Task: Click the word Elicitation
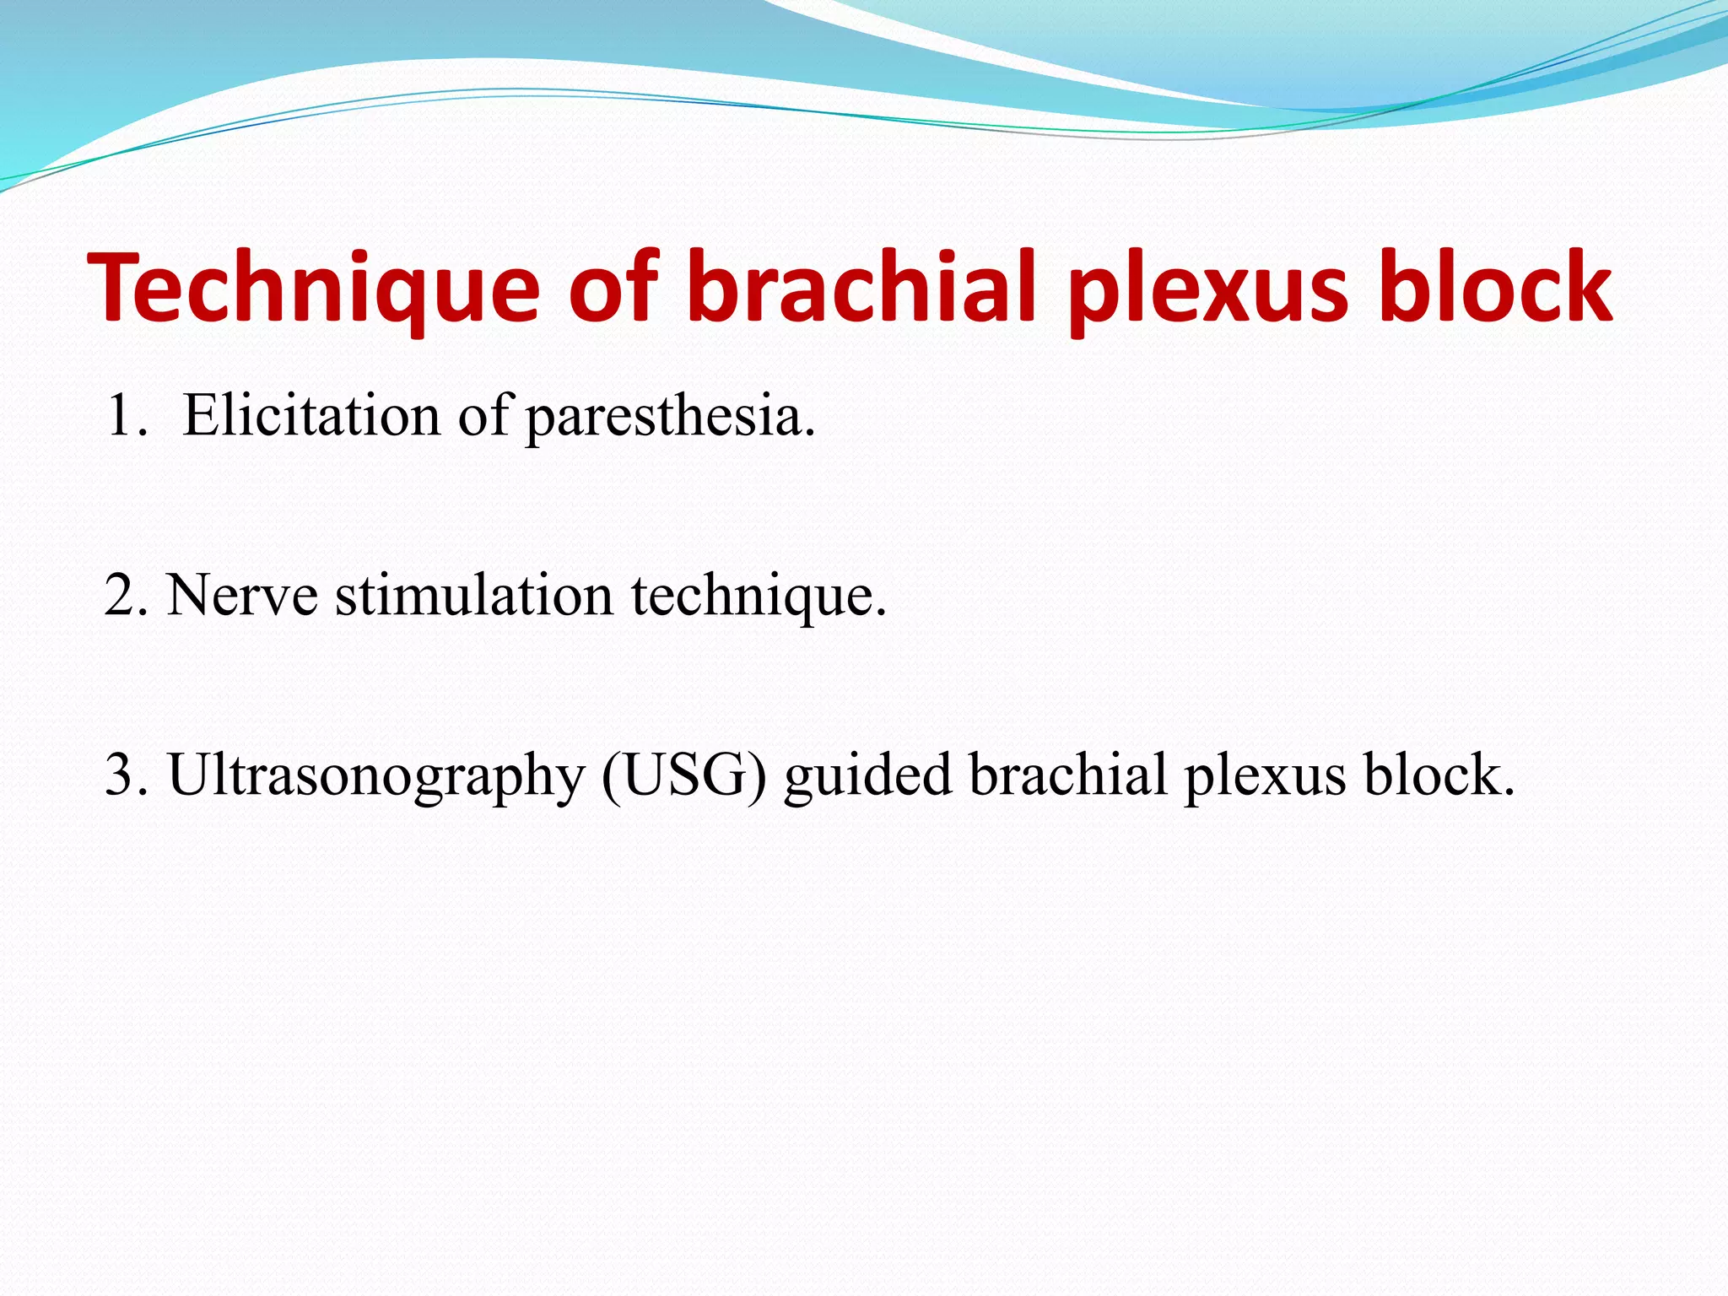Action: tap(311, 416)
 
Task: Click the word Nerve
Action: tap(242, 596)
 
